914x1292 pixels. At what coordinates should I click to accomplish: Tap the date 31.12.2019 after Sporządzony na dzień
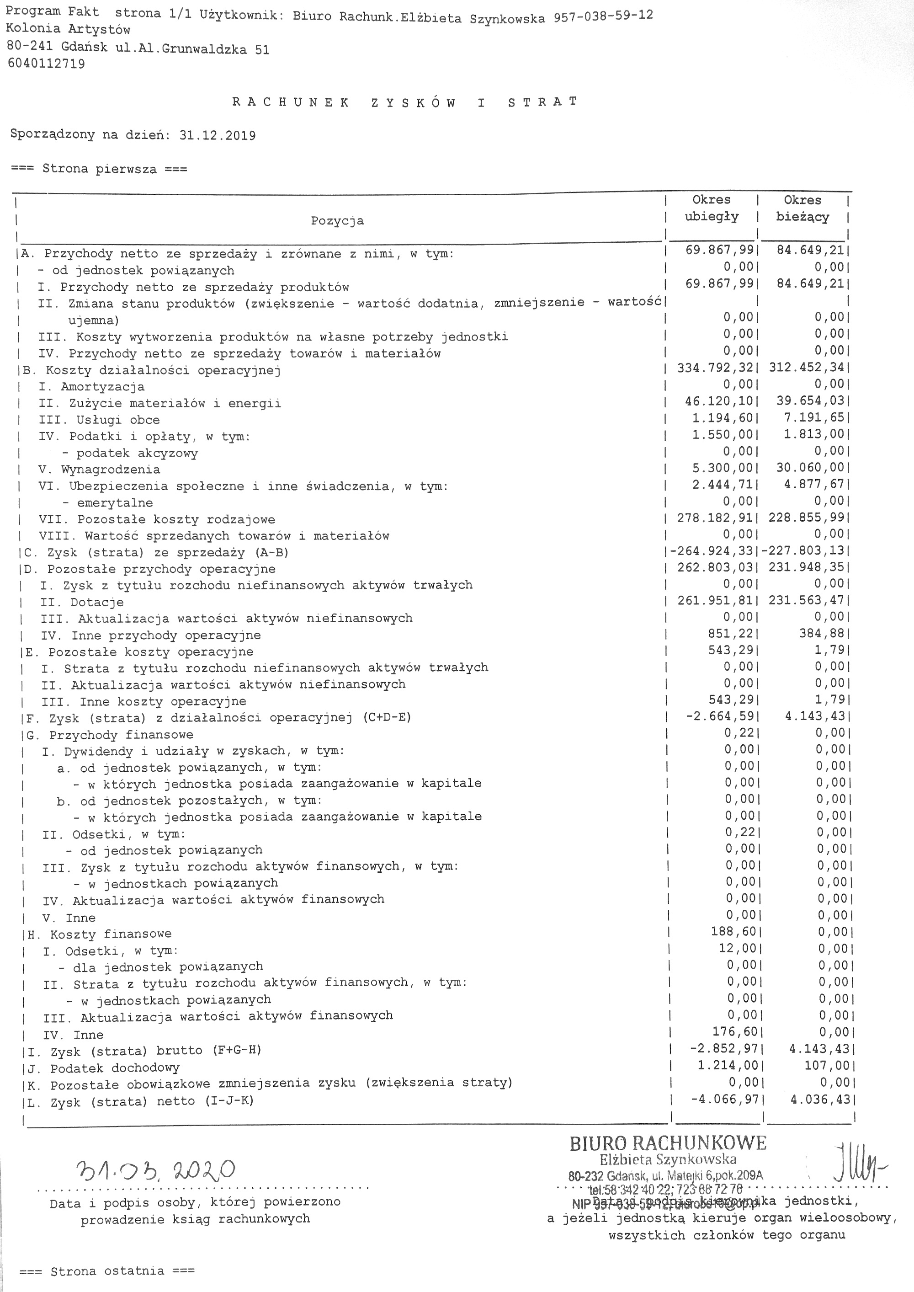tap(217, 136)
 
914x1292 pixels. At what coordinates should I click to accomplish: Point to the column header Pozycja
tap(337, 221)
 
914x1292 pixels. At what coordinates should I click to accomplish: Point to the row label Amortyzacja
tap(102, 387)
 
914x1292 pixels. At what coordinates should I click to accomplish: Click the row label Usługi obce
tap(118, 420)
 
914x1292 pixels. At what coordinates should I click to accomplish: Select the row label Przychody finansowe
tap(121, 735)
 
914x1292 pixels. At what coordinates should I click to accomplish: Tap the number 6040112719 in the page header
tap(46, 64)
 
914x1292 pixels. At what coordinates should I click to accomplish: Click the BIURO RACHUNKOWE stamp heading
tap(668, 1144)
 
